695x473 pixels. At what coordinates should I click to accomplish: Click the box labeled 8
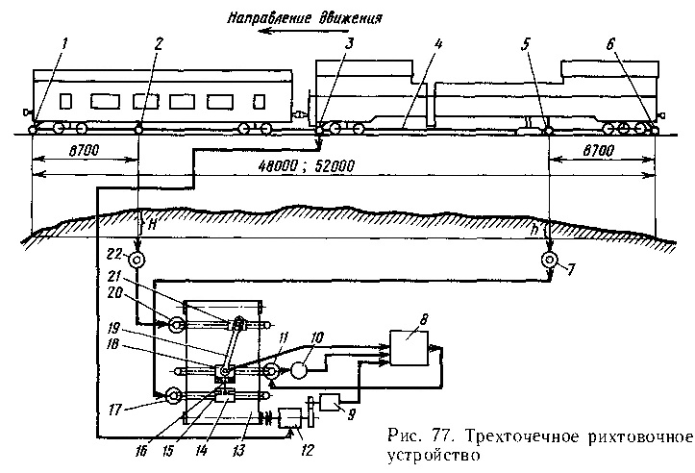(410, 346)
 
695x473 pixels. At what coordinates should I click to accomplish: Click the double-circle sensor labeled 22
(137, 260)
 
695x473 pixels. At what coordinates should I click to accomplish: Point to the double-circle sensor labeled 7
(549, 260)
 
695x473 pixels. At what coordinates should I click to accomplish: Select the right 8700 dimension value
(607, 152)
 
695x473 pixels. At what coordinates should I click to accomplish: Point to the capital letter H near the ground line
(151, 222)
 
